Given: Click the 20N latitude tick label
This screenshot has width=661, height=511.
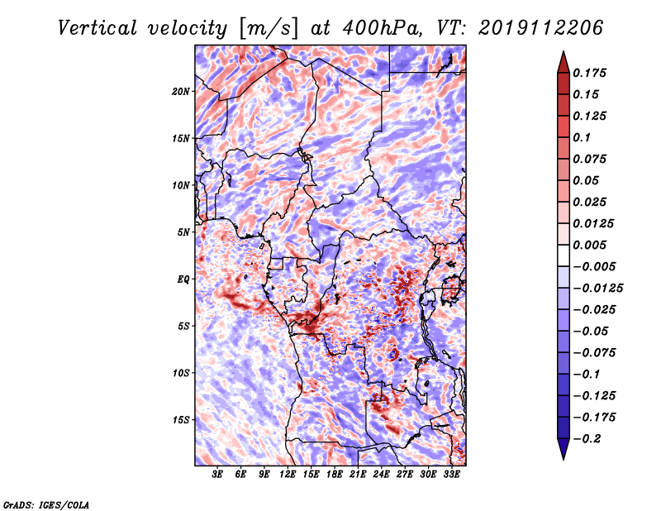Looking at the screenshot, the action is (180, 92).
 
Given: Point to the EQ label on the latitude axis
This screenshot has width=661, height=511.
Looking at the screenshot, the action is (183, 279).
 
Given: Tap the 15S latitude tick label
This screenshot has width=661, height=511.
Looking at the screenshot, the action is (180, 420).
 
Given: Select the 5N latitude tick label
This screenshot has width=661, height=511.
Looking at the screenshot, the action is (183, 232).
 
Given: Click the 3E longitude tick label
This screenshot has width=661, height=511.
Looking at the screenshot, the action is (217, 475).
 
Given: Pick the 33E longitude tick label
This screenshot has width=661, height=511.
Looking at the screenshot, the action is (451, 475).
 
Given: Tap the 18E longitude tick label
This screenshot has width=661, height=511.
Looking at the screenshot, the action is (335, 475).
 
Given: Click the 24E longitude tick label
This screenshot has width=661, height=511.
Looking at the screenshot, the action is (381, 475).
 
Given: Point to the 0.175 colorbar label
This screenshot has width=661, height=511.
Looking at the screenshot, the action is (589, 74).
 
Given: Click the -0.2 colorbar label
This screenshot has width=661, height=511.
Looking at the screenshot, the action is (587, 439).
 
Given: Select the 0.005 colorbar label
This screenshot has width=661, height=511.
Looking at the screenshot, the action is (589, 246).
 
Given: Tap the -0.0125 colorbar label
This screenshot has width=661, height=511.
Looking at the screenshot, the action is (597, 289).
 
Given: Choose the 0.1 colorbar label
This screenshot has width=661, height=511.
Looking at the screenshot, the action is (582, 138).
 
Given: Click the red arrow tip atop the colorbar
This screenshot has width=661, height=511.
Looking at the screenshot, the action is (564, 52).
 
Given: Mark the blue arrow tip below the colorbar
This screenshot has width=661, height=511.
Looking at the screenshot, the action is (564, 459).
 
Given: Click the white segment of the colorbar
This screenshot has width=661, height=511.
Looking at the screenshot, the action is (564, 255).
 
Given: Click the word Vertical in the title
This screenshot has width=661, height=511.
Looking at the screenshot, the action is (97, 28).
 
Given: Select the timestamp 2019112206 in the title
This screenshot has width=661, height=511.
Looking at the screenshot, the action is (540, 28).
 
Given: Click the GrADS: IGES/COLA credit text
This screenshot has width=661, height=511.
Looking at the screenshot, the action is (46, 505).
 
